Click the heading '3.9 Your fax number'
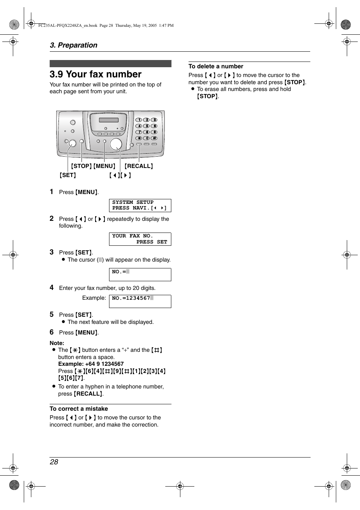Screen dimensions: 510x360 (x=95, y=74)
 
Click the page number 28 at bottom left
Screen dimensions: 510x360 (x=54, y=462)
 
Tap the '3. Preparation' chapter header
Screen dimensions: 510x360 (x=74, y=45)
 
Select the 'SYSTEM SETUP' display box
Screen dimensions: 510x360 (x=140, y=205)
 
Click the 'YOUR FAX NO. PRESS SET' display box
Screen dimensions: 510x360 (x=140, y=239)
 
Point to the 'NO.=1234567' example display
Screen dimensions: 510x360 (x=140, y=301)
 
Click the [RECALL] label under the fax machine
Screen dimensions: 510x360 (x=139, y=166)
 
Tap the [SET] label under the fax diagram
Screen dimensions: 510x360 (x=68, y=175)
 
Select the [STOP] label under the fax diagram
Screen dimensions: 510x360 (x=82, y=166)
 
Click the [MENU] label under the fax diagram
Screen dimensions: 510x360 (x=105, y=166)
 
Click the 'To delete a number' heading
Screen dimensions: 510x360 (x=216, y=66)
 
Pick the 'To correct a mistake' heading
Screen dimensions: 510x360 (x=79, y=409)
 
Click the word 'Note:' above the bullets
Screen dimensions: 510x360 (x=57, y=343)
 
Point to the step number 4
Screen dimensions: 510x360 (x=52, y=288)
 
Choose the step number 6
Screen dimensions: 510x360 (x=52, y=332)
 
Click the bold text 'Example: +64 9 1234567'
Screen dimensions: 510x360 (x=91, y=364)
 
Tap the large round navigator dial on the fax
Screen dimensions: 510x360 (x=116, y=144)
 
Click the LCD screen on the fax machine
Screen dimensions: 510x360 (x=109, y=120)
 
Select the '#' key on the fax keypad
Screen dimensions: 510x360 (x=154, y=138)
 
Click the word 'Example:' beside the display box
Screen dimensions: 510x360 (x=94, y=298)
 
